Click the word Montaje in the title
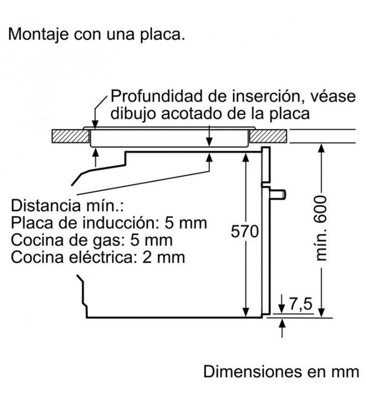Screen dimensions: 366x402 [38, 34]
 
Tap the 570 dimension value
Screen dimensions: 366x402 [245, 231]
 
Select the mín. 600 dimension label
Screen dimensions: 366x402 [321, 229]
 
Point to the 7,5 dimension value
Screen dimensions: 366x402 [301, 305]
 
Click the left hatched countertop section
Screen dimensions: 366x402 [70, 136]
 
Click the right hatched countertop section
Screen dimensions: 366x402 [268, 136]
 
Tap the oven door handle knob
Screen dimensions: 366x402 [278, 194]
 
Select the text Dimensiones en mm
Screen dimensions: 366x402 [282, 371]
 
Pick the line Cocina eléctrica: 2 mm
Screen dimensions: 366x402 [98, 257]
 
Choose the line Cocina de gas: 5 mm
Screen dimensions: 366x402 [91, 240]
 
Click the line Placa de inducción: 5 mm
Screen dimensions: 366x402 [109, 223]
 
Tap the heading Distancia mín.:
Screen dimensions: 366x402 [67, 206]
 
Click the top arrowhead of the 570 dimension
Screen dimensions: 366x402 [245, 158]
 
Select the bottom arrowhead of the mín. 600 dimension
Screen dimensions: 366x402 [321, 313]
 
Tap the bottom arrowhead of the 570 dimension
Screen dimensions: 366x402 [245, 312]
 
